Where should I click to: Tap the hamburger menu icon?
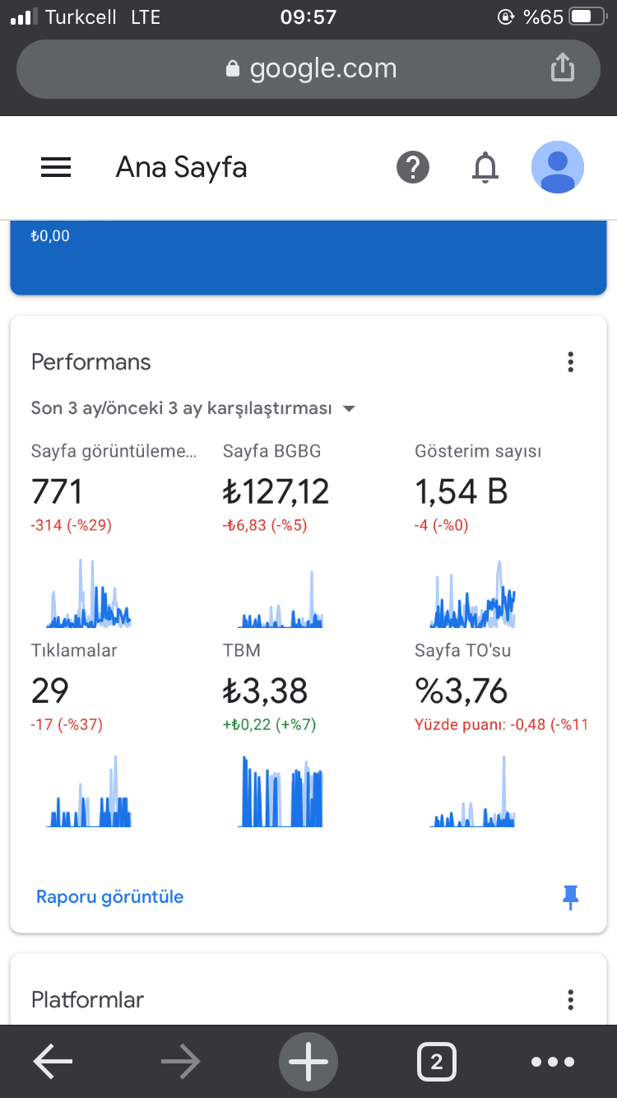point(56,167)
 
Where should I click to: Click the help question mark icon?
point(413,167)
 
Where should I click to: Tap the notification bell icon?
point(485,167)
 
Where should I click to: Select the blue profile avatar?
point(558,167)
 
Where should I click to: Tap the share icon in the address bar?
point(562,67)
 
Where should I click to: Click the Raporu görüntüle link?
point(109,896)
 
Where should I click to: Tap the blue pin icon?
point(570,897)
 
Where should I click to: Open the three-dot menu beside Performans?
point(570,362)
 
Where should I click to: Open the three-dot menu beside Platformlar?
point(570,999)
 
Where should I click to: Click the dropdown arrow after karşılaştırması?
point(349,408)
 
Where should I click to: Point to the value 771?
point(57,491)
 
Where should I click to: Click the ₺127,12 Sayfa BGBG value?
point(276,491)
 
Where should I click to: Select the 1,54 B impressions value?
point(462,491)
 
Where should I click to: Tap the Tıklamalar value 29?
point(50,691)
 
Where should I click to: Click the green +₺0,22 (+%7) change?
point(270,724)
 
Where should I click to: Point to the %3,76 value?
point(462,691)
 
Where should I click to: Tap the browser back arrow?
point(53,1061)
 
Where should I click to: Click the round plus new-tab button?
point(308,1061)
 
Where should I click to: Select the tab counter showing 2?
point(437,1062)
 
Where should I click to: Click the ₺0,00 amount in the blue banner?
point(50,235)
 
